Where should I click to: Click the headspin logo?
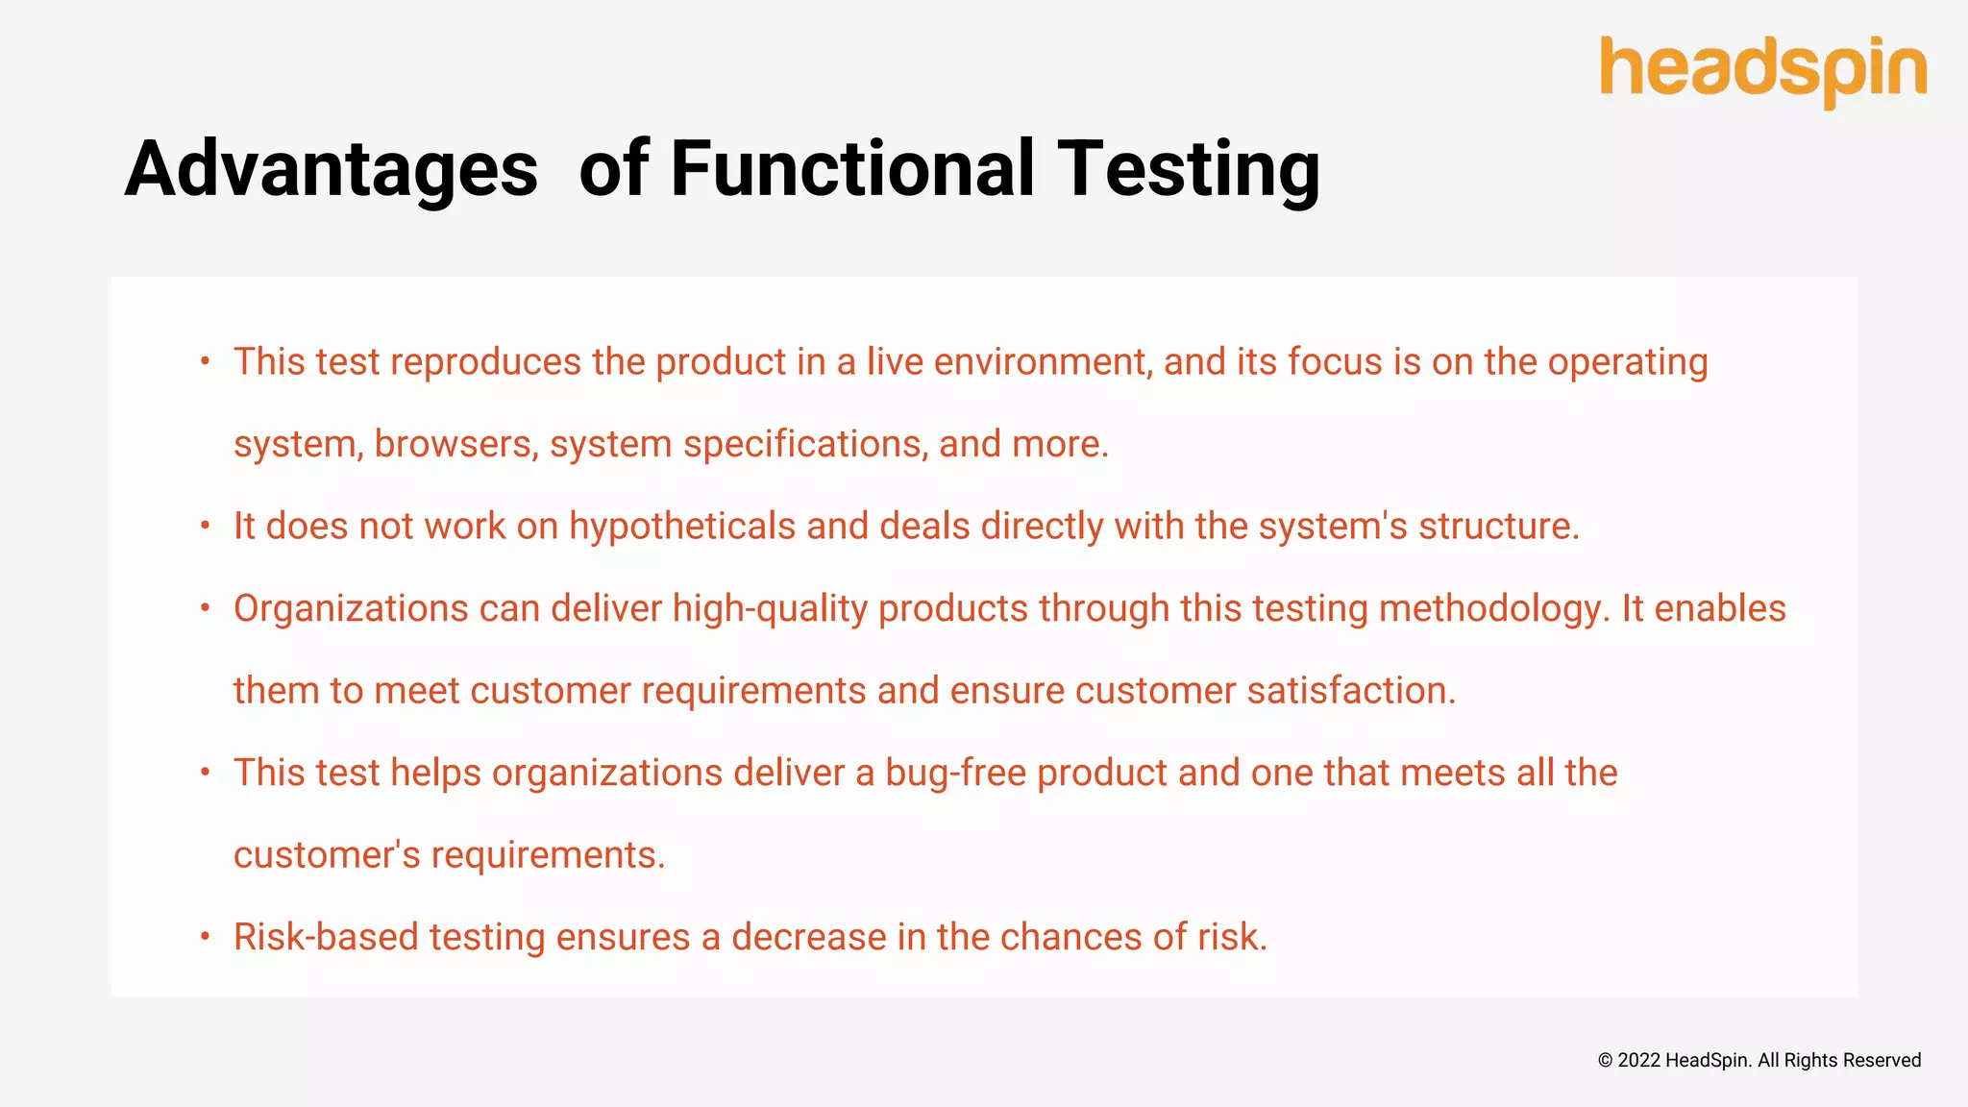(x=1762, y=69)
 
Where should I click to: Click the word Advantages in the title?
(x=331, y=169)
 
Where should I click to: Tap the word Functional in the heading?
(x=851, y=169)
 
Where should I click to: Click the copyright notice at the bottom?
(x=1759, y=1060)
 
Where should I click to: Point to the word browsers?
(x=455, y=444)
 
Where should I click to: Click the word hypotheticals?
(x=681, y=527)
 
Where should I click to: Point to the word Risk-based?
(x=326, y=937)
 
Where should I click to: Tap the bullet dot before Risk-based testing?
(x=205, y=936)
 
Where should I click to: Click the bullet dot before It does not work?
(x=205, y=526)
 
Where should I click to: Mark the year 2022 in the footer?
(x=1638, y=1060)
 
